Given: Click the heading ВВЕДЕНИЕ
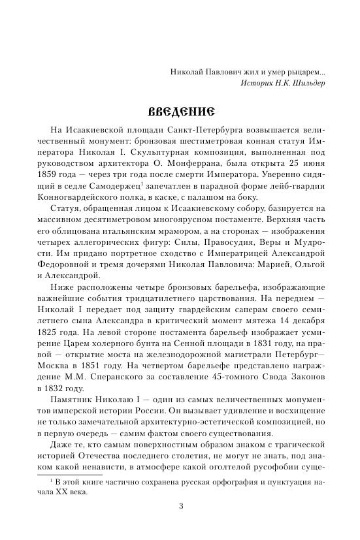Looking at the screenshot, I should (180, 108).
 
